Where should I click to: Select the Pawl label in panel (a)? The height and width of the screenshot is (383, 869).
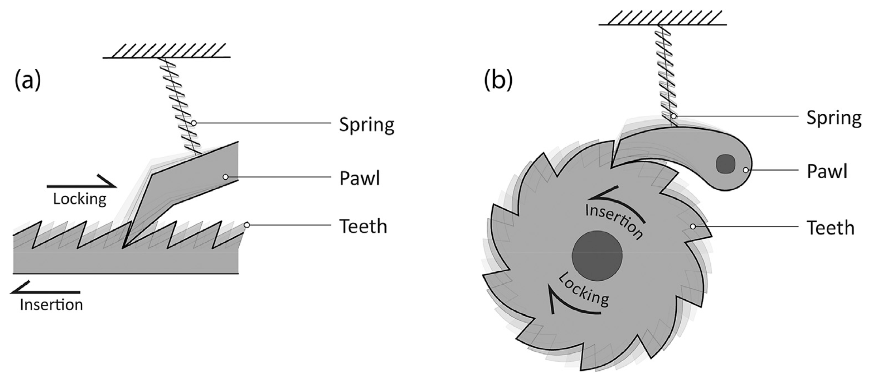click(359, 178)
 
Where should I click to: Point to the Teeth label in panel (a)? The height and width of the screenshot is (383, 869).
click(363, 226)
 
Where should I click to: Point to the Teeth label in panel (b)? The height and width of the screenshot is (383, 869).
click(830, 228)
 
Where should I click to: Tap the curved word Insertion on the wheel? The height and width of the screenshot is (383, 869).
click(614, 221)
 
